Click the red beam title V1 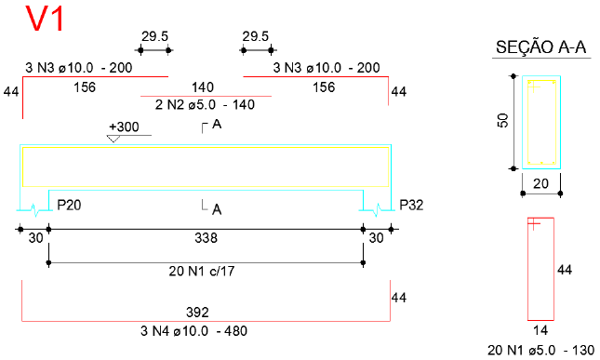pos(45,19)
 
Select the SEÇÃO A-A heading pos(540,47)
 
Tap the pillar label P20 pos(69,205)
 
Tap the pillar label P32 pos(411,205)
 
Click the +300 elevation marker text pos(124,127)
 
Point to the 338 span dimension pos(206,238)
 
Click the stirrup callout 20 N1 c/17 pos(202,272)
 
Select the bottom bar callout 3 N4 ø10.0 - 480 pos(193,331)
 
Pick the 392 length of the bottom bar pos(197,313)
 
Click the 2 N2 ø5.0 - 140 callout pos(205,105)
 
